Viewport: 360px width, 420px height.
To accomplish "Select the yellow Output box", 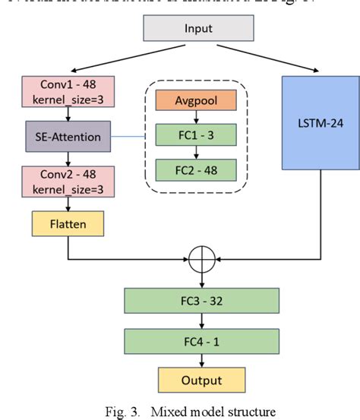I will pyautogui.click(x=201, y=380).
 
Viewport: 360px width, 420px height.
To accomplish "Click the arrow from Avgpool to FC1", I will pyautogui.click(x=197, y=118).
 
